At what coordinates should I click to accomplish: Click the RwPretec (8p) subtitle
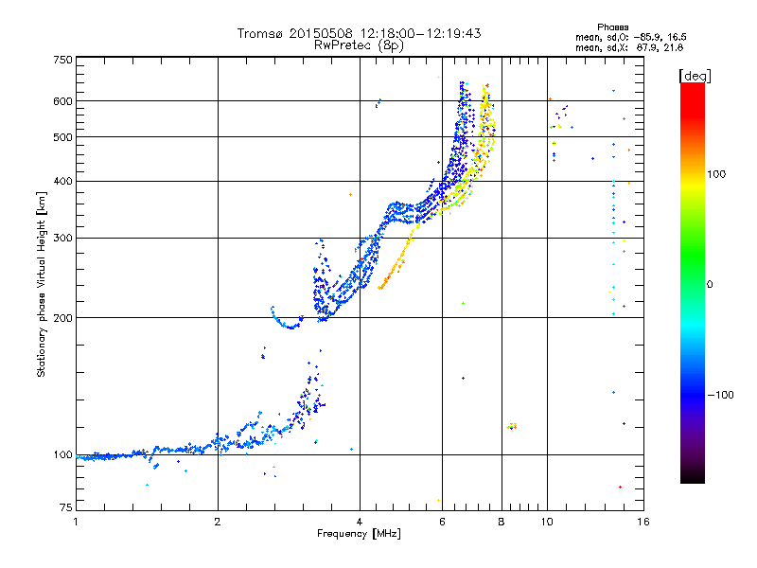pyautogui.click(x=359, y=45)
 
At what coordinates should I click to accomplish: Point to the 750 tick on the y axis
pyautogui.click(x=63, y=60)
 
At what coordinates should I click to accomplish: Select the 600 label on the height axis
pyautogui.click(x=63, y=101)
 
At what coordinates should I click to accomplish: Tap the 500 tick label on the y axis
pyautogui.click(x=63, y=137)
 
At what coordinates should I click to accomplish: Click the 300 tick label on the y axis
pyautogui.click(x=63, y=238)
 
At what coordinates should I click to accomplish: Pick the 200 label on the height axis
pyautogui.click(x=63, y=318)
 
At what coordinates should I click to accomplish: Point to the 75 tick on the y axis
pyautogui.click(x=66, y=507)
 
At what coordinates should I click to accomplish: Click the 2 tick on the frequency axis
pyautogui.click(x=218, y=522)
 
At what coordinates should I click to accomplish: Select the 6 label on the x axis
pyautogui.click(x=442, y=522)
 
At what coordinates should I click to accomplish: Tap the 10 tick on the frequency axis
pyautogui.click(x=547, y=522)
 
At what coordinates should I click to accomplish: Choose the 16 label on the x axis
pyautogui.click(x=643, y=522)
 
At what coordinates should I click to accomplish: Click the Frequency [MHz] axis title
pyautogui.click(x=359, y=534)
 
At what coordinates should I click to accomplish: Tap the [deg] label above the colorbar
pyautogui.click(x=695, y=76)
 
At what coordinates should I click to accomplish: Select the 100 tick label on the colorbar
pyautogui.click(x=716, y=174)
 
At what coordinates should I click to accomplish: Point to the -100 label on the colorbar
pyautogui.click(x=720, y=395)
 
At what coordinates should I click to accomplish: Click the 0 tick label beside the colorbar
pyautogui.click(x=710, y=285)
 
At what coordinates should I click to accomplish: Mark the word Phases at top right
pyautogui.click(x=612, y=27)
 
